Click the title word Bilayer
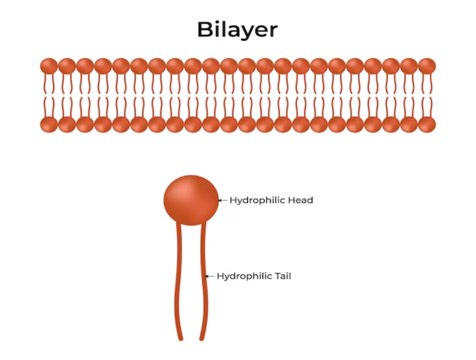coord(237,30)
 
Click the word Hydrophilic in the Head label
coord(257,200)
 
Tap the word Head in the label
coord(301,200)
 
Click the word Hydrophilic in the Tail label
coord(245,276)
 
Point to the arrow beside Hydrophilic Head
coord(223,200)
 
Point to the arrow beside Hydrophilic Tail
coord(210,276)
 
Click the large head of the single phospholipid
coord(191,200)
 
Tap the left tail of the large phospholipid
coord(178,281)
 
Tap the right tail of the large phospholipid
coord(204,281)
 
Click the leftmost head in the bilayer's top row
coord(49,66)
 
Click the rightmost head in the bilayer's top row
coord(427,66)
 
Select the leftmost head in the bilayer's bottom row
coord(49,125)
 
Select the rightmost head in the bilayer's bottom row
coord(427,125)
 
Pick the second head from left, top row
coord(67,66)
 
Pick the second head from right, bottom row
coord(409,125)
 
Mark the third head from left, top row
coord(85,66)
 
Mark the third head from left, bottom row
coord(85,125)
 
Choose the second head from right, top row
coord(409,66)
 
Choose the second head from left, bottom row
coord(67,125)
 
